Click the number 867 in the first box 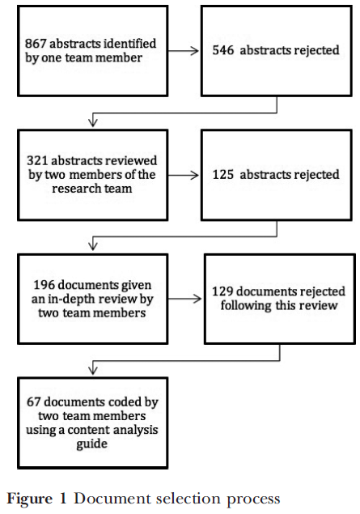pyautogui.click(x=36, y=43)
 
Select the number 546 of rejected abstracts pyautogui.click(x=223, y=50)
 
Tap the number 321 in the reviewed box pyautogui.click(x=37, y=160)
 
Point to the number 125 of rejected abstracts pyautogui.click(x=223, y=174)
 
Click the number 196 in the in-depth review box pyautogui.click(x=44, y=285)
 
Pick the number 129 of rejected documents pyautogui.click(x=222, y=291)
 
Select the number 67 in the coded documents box pyautogui.click(x=34, y=401)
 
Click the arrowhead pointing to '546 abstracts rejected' pyautogui.click(x=195, y=51)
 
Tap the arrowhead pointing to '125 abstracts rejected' pyautogui.click(x=195, y=176)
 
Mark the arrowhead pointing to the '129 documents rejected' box pyautogui.click(x=197, y=299)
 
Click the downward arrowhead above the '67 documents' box pyautogui.click(x=93, y=371)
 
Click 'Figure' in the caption pyautogui.click(x=29, y=499)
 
